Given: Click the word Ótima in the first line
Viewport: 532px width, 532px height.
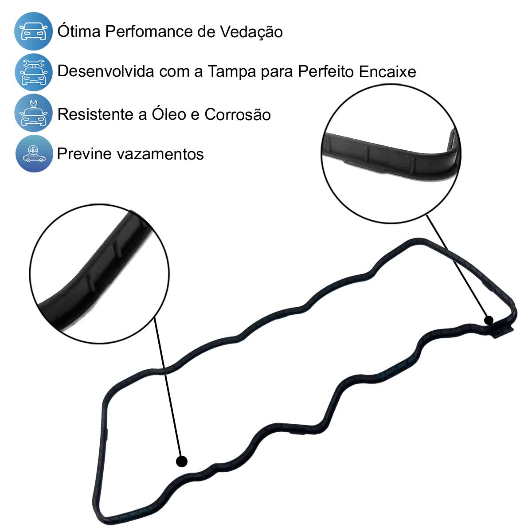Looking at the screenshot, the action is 79,31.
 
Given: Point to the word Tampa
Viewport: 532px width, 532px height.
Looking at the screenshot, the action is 231,72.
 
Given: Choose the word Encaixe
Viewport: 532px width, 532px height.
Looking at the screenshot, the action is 387,71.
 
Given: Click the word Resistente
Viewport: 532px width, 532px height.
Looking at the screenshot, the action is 98,114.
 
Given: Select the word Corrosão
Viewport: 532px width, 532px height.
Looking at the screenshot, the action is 238,114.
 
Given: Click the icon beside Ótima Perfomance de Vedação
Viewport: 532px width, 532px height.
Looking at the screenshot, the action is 33,31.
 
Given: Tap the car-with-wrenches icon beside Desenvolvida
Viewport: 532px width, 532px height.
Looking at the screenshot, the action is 33,72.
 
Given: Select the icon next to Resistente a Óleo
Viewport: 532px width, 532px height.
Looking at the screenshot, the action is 33,113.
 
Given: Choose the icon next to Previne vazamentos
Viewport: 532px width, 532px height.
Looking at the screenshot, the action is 34,153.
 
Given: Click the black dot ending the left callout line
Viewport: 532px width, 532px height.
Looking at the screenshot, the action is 182,462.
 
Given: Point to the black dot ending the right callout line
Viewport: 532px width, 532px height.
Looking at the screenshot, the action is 489,320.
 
